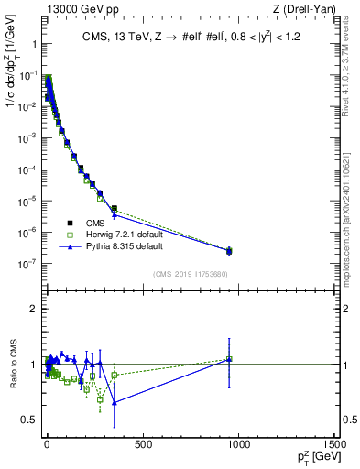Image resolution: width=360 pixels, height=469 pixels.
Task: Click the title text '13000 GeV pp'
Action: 71,9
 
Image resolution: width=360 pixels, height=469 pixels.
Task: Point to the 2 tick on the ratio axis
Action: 35,309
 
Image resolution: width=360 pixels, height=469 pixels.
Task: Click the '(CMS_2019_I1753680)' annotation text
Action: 190,273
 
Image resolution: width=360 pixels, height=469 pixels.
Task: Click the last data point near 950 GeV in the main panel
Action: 229,250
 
